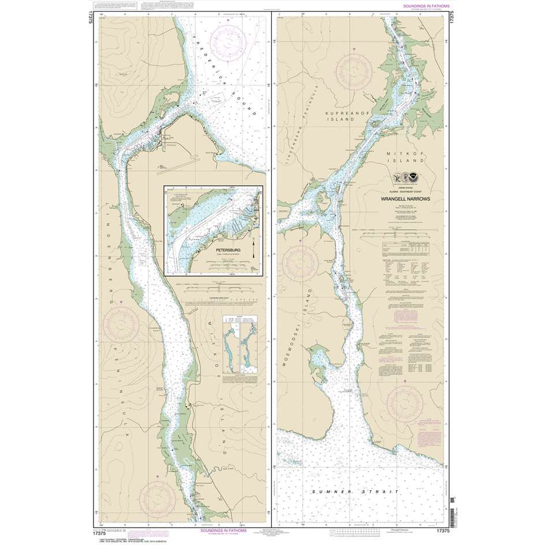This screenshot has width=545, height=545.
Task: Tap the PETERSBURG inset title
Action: pos(238,251)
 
